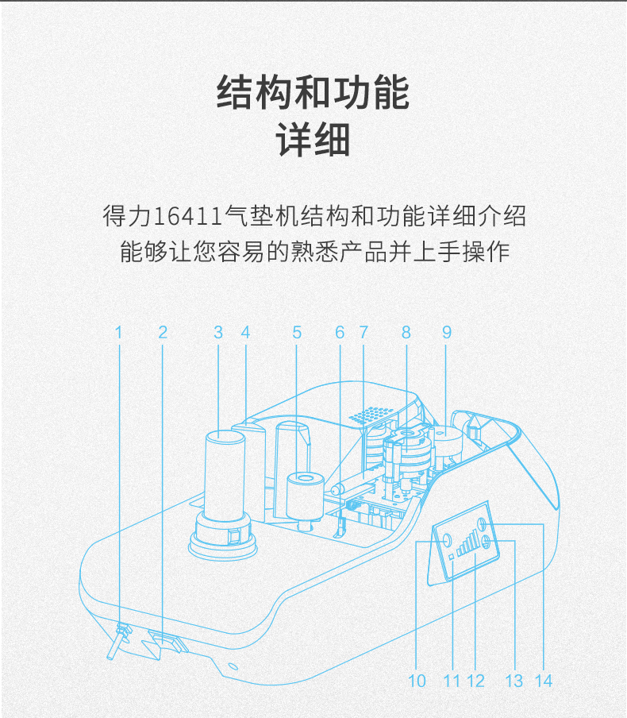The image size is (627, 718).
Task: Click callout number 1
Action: click(x=119, y=332)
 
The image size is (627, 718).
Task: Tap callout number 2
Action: click(x=163, y=332)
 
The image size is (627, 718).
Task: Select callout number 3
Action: click(x=218, y=332)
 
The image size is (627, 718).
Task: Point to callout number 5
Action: click(x=297, y=332)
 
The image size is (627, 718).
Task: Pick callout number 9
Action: click(x=447, y=332)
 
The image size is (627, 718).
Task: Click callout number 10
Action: click(x=417, y=681)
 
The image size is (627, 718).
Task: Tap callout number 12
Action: click(x=476, y=681)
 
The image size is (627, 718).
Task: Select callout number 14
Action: click(x=543, y=681)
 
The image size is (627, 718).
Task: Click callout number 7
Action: click(x=364, y=332)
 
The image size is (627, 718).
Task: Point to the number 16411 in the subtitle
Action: click(x=187, y=216)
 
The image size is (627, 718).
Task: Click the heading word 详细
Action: click(x=313, y=140)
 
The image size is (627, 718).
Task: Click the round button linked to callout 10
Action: click(x=447, y=541)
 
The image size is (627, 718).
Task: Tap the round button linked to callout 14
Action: click(x=482, y=524)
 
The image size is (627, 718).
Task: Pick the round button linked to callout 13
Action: click(x=486, y=542)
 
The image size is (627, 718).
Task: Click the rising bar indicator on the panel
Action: click(x=464, y=545)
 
